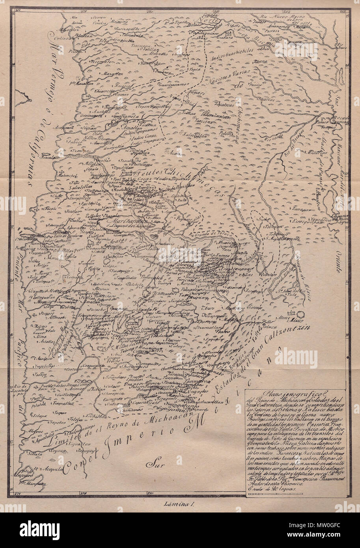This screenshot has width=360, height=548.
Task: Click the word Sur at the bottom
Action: (x=153, y=464)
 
